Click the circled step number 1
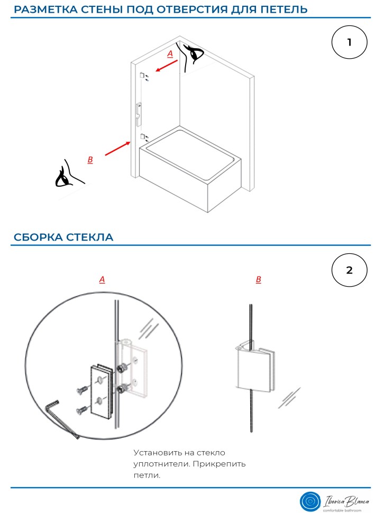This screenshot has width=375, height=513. click(349, 43)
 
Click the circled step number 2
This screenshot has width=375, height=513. click(349, 270)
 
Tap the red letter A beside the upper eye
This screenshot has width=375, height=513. click(170, 54)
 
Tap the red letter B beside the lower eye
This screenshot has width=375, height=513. click(90, 159)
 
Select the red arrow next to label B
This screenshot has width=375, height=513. click(117, 149)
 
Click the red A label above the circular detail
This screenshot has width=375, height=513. click(102, 279)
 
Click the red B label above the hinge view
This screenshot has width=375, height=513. click(258, 279)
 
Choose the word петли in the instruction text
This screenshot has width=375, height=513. click(147, 475)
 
